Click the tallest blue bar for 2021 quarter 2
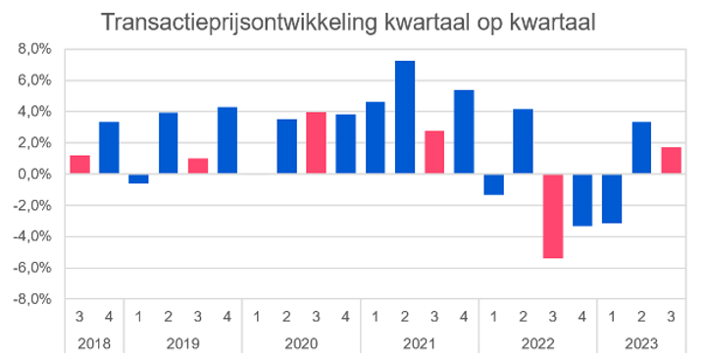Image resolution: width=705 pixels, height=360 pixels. (405, 118)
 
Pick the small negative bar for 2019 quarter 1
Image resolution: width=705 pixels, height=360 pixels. (139, 179)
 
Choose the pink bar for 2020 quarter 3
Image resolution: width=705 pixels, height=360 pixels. (317, 143)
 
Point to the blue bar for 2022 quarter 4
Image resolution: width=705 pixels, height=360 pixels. (582, 200)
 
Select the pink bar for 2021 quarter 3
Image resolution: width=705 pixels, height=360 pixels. (434, 152)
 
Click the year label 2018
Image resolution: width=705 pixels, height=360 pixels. (95, 342)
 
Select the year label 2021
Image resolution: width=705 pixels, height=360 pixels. (420, 342)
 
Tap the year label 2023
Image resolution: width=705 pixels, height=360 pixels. (641, 342)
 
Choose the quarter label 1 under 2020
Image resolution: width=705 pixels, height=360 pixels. (257, 317)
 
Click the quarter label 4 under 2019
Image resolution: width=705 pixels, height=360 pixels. (227, 317)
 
